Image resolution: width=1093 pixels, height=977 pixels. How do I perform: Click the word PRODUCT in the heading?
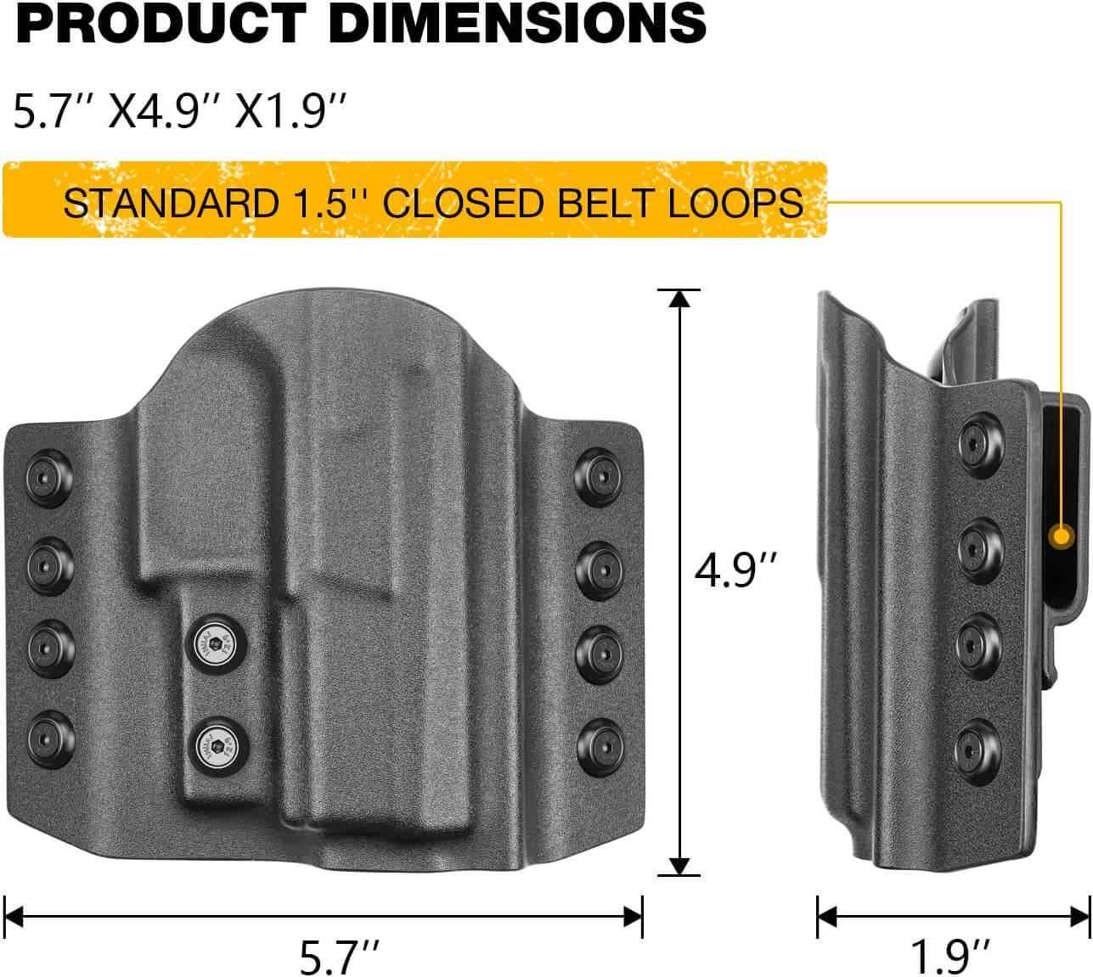[x=165, y=23]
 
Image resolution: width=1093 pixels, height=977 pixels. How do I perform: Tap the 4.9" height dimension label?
[x=735, y=570]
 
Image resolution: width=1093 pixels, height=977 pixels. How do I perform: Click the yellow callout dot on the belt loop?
[x=1060, y=536]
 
